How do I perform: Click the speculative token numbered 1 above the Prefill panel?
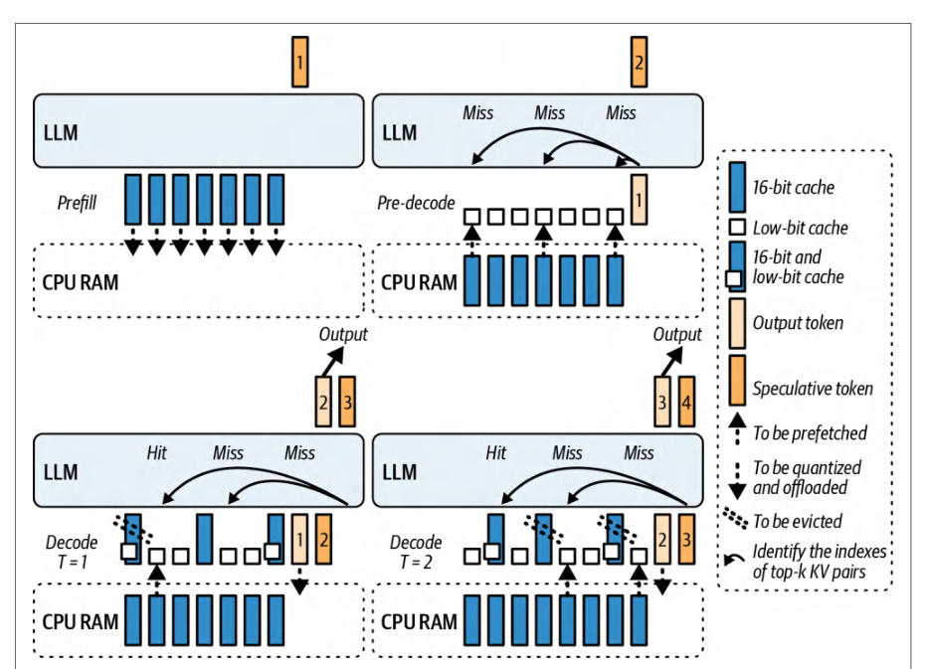click(299, 62)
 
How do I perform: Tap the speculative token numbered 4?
click(686, 402)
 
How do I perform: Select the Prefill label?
click(77, 204)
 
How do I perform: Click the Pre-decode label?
click(416, 204)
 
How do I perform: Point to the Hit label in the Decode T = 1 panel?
click(157, 452)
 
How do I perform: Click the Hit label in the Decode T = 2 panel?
click(496, 452)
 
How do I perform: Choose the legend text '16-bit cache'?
click(794, 188)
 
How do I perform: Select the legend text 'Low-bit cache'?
click(800, 228)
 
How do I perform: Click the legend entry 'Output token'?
click(798, 323)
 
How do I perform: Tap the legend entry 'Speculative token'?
click(813, 389)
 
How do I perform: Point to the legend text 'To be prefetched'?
click(810, 433)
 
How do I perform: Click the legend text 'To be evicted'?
click(797, 521)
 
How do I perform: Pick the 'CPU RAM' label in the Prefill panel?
click(81, 283)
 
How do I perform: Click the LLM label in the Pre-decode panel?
click(400, 133)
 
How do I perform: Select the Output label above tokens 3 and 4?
click(677, 334)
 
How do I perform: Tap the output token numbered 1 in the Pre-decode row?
click(639, 199)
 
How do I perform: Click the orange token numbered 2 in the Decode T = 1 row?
click(323, 540)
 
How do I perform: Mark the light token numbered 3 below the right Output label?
click(661, 402)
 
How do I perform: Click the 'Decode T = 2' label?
click(416, 552)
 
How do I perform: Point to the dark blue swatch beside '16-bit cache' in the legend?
click(737, 187)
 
